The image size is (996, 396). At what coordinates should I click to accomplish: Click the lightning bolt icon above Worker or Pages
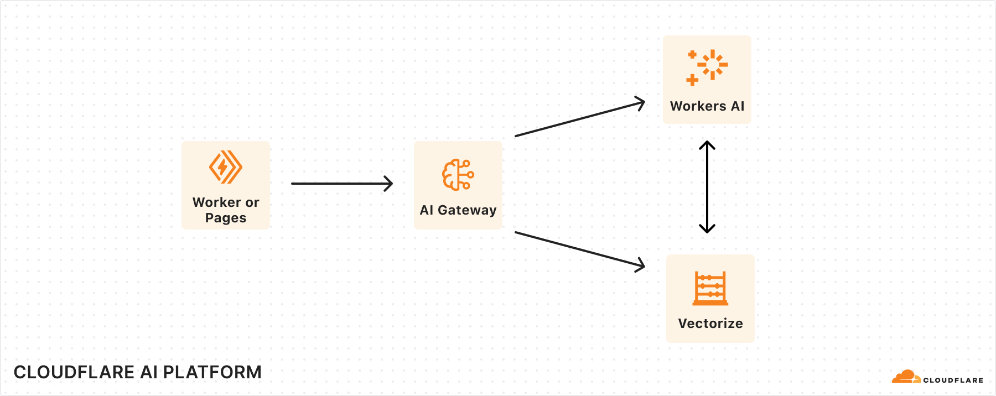pyautogui.click(x=225, y=166)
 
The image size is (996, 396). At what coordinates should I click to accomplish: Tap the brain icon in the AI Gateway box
pyautogui.click(x=458, y=175)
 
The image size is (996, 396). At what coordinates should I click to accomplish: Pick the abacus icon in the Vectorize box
pyautogui.click(x=710, y=288)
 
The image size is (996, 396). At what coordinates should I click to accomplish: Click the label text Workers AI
pyautogui.click(x=707, y=106)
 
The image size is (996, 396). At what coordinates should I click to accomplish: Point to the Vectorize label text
pyautogui.click(x=710, y=324)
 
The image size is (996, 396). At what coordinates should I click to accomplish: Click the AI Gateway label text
pyautogui.click(x=458, y=210)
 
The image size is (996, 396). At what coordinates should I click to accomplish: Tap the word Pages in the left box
pyautogui.click(x=226, y=218)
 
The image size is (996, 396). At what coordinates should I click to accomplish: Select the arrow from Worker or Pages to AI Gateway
pyautogui.click(x=341, y=184)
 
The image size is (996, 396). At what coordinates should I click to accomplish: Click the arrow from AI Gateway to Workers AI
pyautogui.click(x=579, y=119)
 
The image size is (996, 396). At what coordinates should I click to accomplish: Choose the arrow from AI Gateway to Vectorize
pyautogui.click(x=579, y=249)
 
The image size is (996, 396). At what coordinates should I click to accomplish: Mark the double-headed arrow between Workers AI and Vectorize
pyautogui.click(x=707, y=187)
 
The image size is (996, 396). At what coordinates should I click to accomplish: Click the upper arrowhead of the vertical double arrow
pyautogui.click(x=707, y=145)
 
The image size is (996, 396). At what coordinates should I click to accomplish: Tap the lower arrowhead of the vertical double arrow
pyautogui.click(x=707, y=229)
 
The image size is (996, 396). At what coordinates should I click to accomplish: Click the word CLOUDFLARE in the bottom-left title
pyautogui.click(x=68, y=372)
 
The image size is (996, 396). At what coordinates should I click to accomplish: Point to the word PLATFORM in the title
pyautogui.click(x=212, y=372)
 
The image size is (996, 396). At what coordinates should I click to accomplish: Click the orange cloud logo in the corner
pyautogui.click(x=906, y=377)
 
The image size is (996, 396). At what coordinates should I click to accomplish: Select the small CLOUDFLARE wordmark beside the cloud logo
pyautogui.click(x=953, y=380)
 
